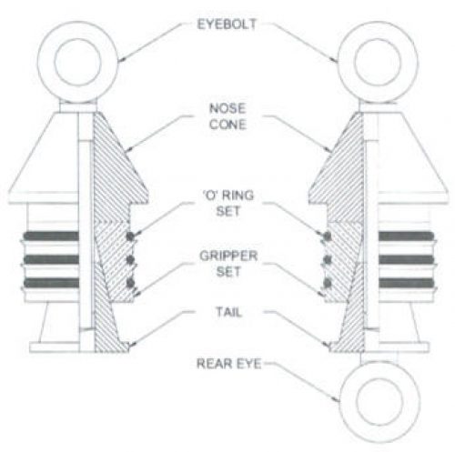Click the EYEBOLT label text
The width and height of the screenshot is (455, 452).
point(227,25)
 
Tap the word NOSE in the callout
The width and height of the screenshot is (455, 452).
point(227,108)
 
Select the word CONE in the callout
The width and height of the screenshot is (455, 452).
point(227,125)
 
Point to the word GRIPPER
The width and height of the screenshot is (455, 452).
point(228,256)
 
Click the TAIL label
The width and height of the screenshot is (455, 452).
point(228,312)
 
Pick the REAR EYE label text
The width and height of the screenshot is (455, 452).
point(229,364)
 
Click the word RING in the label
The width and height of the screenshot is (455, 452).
point(238,196)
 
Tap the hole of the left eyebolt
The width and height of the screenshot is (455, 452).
point(77,62)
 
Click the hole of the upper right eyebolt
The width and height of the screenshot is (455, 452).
point(378,62)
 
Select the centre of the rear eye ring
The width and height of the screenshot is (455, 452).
point(379,401)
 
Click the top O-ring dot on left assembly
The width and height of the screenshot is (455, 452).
point(130,236)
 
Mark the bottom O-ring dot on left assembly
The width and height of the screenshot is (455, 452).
point(130,283)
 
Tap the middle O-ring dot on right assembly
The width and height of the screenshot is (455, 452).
point(327,260)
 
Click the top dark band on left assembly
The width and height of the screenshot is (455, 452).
point(52,236)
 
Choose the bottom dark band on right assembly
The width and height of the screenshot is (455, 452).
point(406,283)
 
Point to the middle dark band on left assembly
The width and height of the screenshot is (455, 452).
point(52,260)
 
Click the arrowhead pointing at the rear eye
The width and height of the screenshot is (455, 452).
point(336,399)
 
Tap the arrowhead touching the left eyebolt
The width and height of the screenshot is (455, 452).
point(120,58)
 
